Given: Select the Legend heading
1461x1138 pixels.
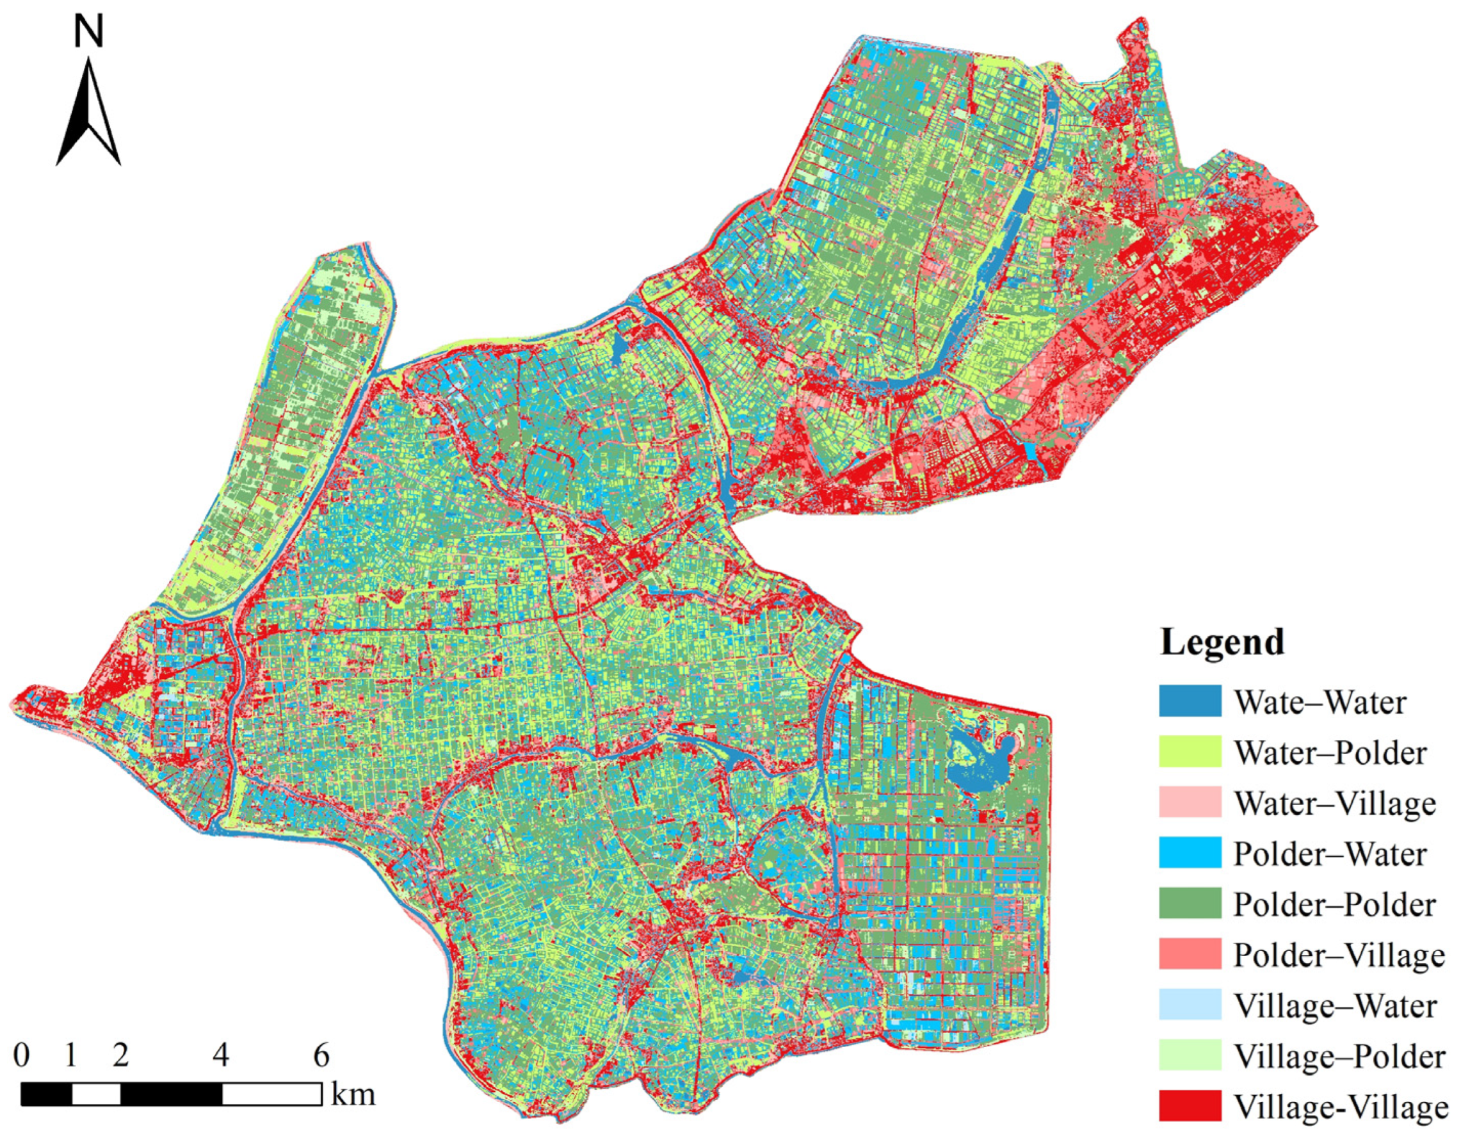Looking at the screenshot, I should [x=1222, y=642].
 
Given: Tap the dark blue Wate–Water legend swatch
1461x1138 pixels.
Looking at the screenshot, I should [x=1190, y=701].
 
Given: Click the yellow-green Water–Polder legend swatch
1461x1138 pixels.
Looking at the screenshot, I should [x=1190, y=751].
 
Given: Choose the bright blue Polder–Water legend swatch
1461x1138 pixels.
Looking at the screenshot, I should [x=1190, y=853].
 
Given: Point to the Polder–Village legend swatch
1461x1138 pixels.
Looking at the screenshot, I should [x=1190, y=955].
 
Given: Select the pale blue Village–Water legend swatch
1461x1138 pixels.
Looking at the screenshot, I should [x=1190, y=1005].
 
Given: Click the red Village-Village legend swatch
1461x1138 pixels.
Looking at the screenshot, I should [x=1190, y=1107].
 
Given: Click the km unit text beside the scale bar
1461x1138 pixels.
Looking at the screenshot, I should [x=353, y=1096].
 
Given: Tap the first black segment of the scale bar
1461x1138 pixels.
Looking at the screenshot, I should [x=46, y=1094].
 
